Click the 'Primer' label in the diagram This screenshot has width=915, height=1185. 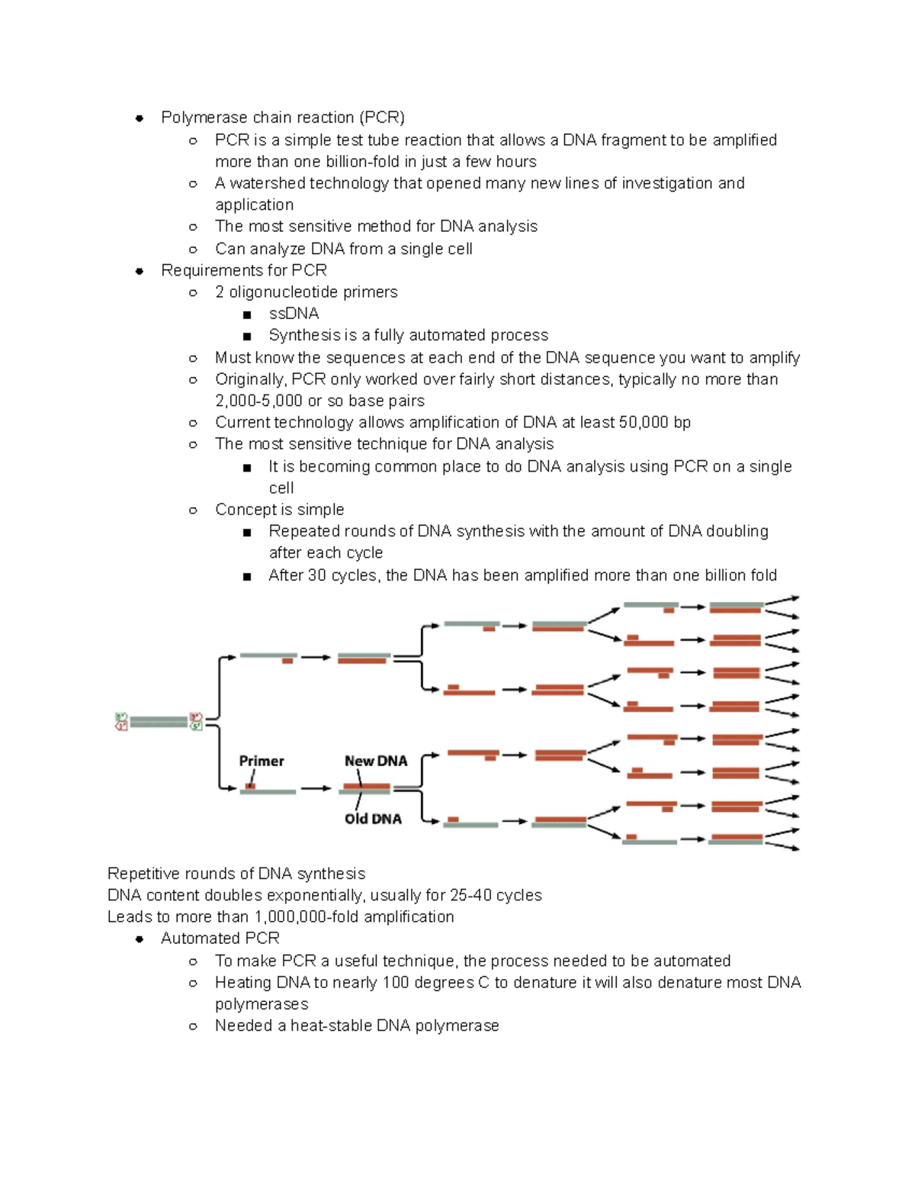[261, 761]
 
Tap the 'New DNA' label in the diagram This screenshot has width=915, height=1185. [376, 761]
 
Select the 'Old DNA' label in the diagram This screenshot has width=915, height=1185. [373, 819]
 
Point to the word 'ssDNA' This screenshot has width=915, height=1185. [294, 314]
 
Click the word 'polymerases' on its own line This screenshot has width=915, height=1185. [262, 1004]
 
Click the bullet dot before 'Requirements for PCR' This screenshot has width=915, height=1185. [140, 271]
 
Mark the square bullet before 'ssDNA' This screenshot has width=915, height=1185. [247, 314]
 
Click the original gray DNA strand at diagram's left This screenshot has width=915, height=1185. [158, 721]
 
